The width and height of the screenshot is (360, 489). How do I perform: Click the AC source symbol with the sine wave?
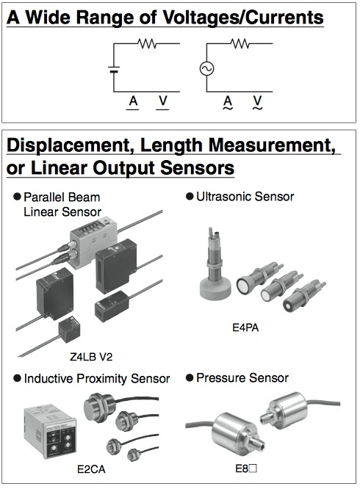pos(206,68)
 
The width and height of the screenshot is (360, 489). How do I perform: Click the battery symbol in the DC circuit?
pos(114,69)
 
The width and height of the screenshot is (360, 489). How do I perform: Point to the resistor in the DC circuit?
pos(147,43)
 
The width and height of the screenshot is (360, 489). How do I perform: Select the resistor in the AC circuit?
pos(240,43)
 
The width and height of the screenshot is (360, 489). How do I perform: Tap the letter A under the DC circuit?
pos(133,101)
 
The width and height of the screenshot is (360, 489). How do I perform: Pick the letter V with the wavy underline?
pos(257,103)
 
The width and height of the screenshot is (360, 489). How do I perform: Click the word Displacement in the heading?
pos(71,145)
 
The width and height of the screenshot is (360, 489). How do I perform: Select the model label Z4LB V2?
pos(91,356)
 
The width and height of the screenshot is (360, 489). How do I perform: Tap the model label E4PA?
pos(245,327)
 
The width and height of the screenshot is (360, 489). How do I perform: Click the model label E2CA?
pos(91,469)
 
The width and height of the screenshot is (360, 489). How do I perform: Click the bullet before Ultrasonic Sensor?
pos(190,197)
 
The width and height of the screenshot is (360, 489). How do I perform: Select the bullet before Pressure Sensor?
pos(190,378)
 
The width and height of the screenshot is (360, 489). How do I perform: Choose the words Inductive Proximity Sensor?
pos(97,379)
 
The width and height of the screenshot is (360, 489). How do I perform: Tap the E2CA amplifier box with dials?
pos(50,431)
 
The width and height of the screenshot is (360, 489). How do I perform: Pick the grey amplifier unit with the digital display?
pos(93,239)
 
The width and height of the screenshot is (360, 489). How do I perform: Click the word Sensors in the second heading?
pos(198,168)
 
